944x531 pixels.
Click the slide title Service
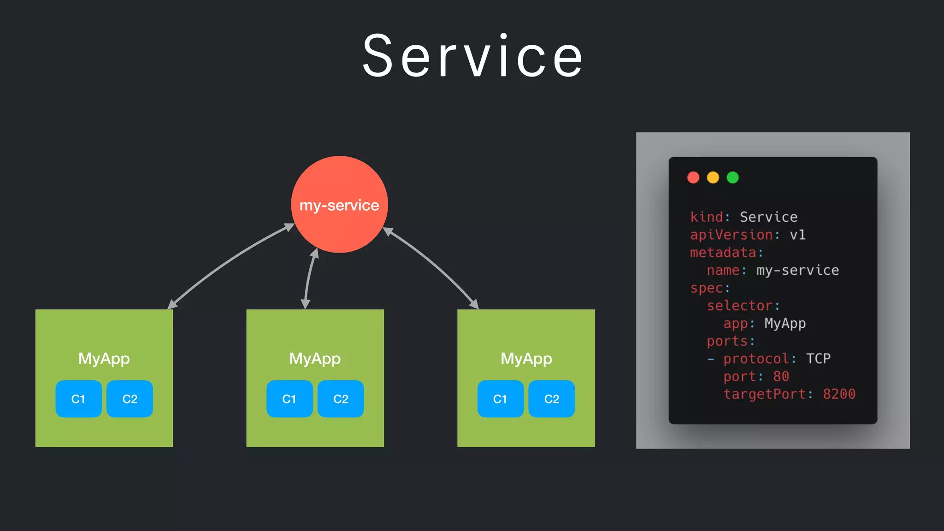472,56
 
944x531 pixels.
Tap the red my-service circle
339,205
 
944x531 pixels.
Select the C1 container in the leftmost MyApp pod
78,399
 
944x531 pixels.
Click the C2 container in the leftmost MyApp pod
130,399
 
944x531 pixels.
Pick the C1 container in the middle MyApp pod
289,399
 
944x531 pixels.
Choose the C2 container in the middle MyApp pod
341,399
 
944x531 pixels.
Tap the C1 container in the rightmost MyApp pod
500,399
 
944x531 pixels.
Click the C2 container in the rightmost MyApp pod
551,399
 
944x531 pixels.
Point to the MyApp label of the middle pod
315,359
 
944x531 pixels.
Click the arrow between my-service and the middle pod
309,278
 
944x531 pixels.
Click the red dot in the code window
693,177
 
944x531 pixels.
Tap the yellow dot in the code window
713,177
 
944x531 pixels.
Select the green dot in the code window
732,177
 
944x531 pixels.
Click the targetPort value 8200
839,394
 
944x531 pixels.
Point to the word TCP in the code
818,359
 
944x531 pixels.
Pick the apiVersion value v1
797,235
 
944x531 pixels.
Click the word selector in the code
739,306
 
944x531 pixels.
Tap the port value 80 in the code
781,377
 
